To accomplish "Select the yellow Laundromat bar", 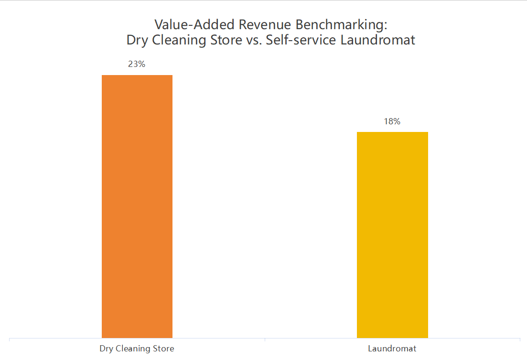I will point(392,235).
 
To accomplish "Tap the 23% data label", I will point(137,64).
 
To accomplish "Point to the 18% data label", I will point(392,121).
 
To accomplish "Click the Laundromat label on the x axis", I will point(392,349).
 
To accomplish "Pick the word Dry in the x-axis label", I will point(106,349).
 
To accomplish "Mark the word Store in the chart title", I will point(224,40).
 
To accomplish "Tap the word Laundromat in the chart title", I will point(378,40).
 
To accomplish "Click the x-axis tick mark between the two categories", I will point(265,340).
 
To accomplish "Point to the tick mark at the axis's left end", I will point(10,340).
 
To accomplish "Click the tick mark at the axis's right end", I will point(520,340).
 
